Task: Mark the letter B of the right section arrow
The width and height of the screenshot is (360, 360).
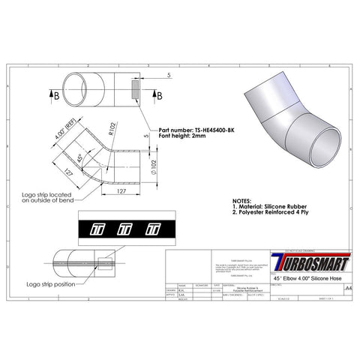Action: point(160,95)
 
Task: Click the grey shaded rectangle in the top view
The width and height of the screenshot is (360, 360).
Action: point(133,92)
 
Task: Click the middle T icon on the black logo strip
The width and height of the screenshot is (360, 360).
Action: point(126,229)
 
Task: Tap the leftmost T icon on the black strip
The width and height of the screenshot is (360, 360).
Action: point(96,229)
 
